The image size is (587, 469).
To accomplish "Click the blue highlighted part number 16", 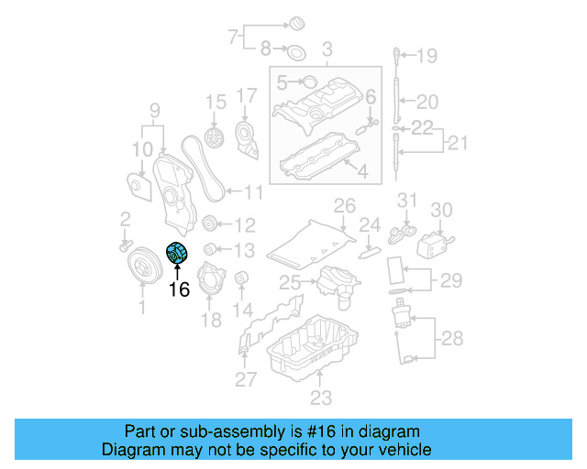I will pyautogui.click(x=175, y=253).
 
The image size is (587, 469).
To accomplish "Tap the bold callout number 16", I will pyautogui.click(x=178, y=290).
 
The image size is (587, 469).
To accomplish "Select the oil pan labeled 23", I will pyautogui.click(x=311, y=353).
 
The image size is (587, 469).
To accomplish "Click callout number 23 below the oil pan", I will pyautogui.click(x=320, y=398).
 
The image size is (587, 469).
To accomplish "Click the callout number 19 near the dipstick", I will pyautogui.click(x=427, y=57).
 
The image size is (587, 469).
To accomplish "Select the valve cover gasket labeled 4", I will pyautogui.click(x=317, y=155).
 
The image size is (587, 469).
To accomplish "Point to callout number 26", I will pyautogui.click(x=344, y=204).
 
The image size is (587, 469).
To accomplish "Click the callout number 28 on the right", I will pyautogui.click(x=452, y=339).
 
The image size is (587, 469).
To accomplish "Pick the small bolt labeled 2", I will pyautogui.click(x=124, y=245).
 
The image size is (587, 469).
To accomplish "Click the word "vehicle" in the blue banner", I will pyautogui.click(x=399, y=450).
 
